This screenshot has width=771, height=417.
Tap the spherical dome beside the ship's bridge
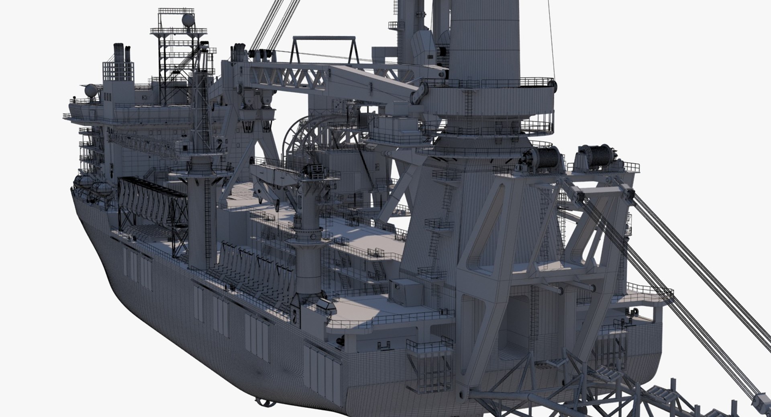[x=90, y=90]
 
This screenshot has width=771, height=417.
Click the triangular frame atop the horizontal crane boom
[x=324, y=50]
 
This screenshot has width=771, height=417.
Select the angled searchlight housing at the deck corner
[x=326, y=306]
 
